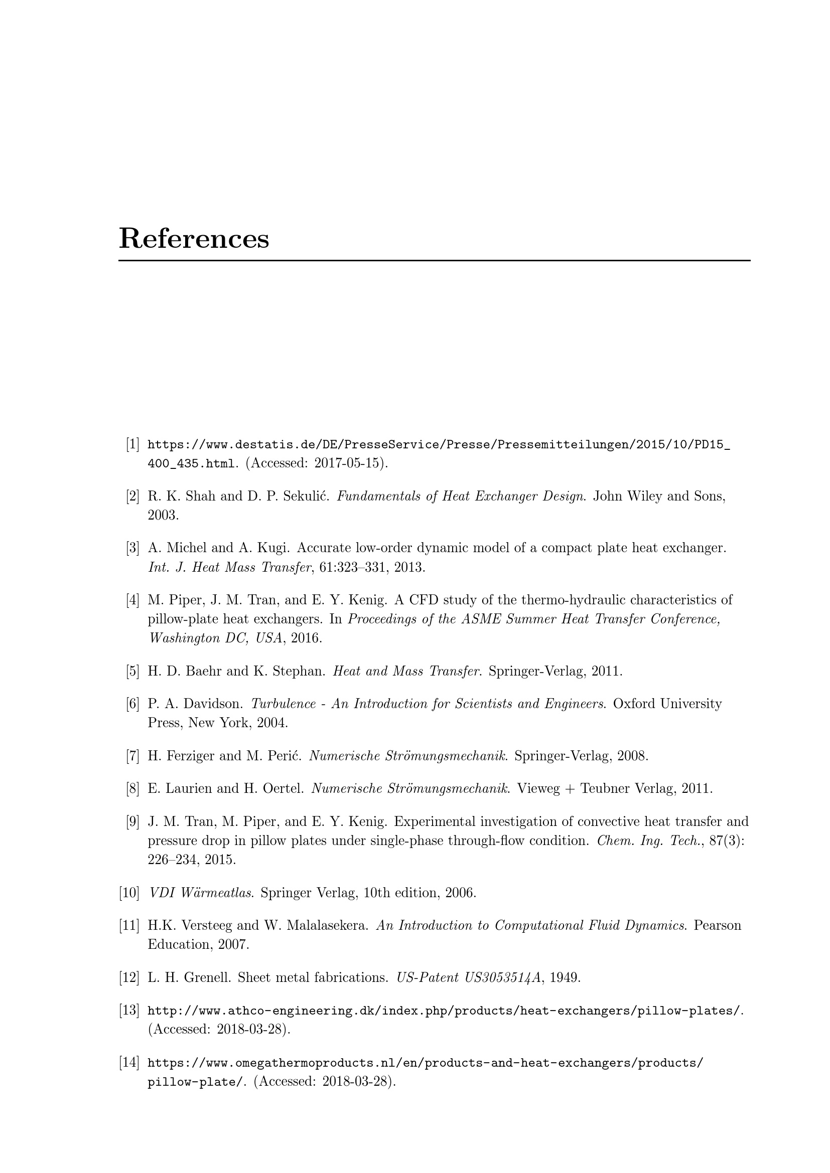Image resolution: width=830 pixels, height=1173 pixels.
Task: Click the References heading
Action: pos(194,239)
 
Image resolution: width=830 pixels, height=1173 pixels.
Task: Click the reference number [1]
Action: pos(132,444)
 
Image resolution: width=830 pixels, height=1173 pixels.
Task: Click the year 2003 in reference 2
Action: pos(163,515)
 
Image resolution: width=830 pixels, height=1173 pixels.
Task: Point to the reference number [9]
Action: pos(132,821)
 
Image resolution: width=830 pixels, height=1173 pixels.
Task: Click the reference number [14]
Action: pos(129,1063)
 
